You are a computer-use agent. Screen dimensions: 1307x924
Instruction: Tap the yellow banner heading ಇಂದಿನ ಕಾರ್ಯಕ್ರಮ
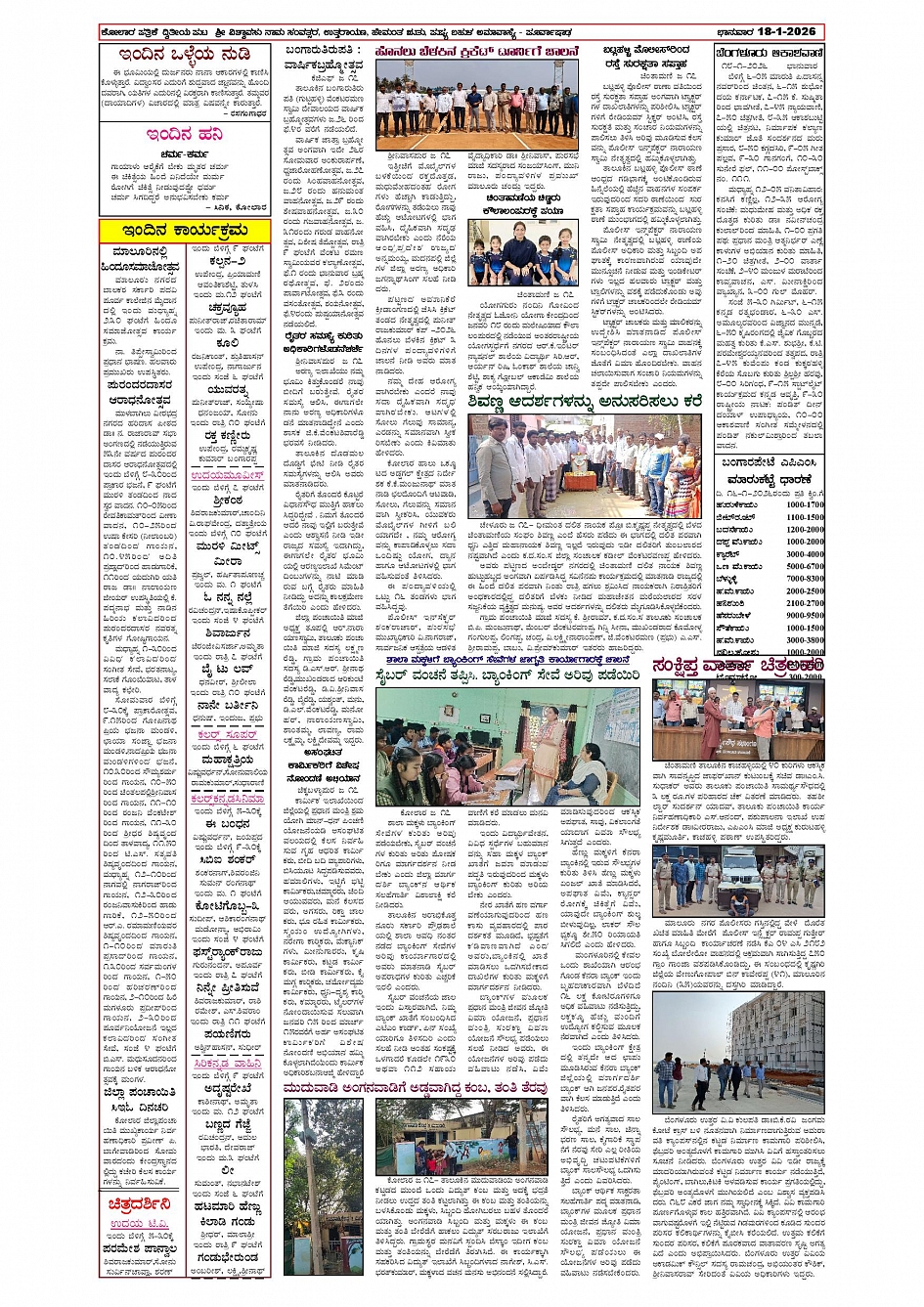click(185, 230)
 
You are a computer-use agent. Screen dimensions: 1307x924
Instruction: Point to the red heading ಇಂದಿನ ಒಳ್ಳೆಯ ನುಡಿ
click(185, 55)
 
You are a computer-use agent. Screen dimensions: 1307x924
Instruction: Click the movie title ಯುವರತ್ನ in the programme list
click(228, 388)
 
